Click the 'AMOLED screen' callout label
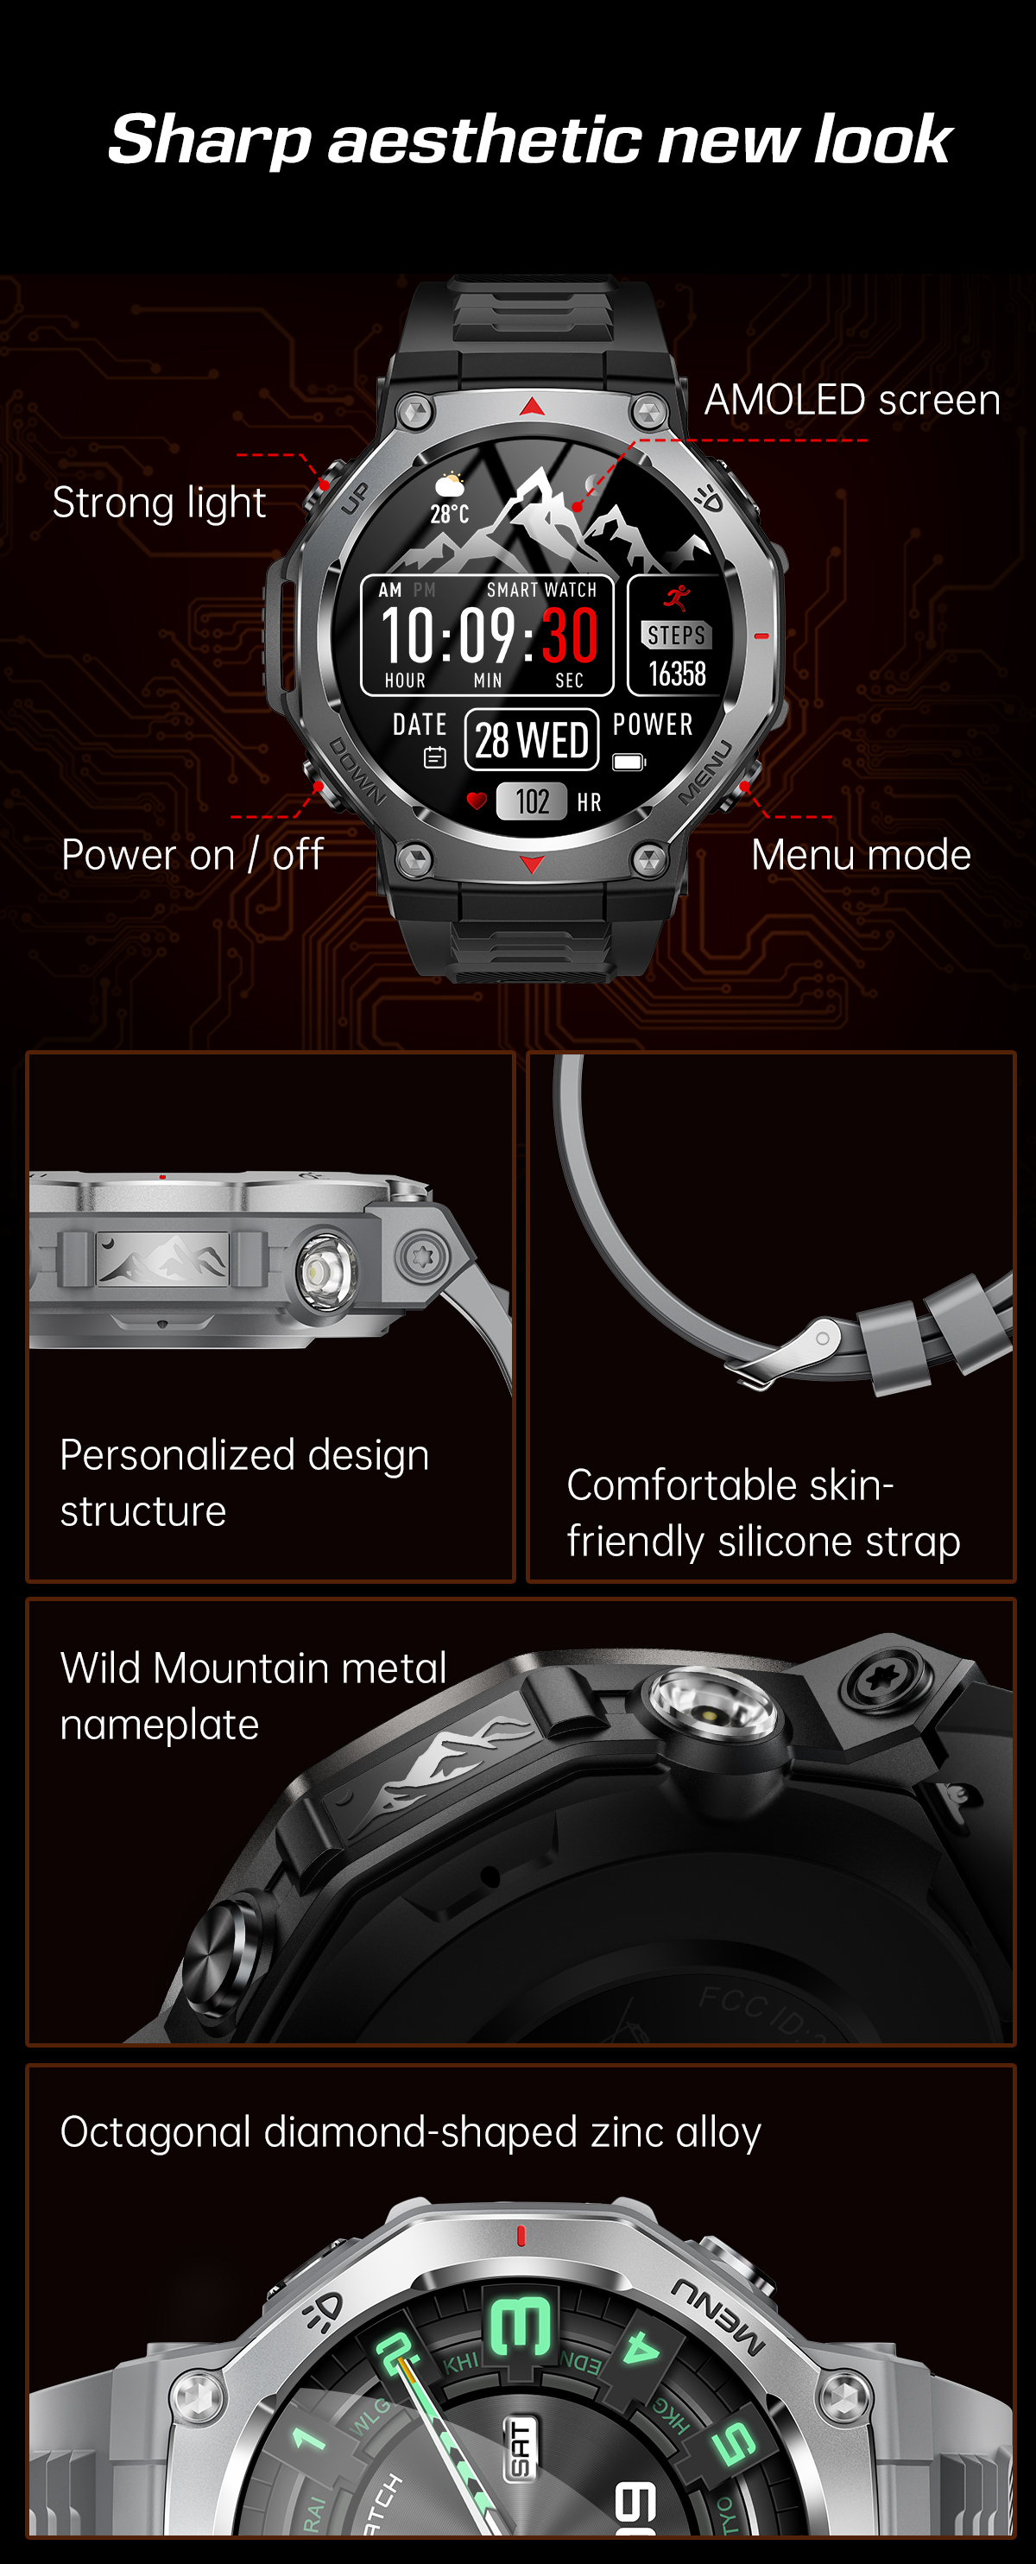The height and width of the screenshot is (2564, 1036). tap(852, 400)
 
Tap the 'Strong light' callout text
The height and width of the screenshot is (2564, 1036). tap(159, 503)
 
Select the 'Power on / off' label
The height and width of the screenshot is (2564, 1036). tap(192, 855)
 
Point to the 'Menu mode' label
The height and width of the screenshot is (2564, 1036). tap(861, 855)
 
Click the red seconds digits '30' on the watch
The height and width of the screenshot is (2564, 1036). tap(569, 635)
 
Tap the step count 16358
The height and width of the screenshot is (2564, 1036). tap(677, 674)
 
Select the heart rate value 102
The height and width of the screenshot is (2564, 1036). tap(532, 801)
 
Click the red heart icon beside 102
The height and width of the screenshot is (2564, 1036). tap(477, 801)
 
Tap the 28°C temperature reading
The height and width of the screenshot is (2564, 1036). tap(449, 514)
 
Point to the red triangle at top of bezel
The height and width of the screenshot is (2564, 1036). tap(533, 406)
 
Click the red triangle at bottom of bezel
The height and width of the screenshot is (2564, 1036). tap(533, 864)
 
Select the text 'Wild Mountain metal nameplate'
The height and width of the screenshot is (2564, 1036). tap(253, 1695)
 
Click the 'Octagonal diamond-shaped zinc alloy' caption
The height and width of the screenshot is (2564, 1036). tap(410, 2132)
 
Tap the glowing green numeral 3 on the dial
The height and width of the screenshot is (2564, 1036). tap(520, 2327)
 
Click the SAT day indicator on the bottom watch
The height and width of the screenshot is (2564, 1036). tap(521, 2448)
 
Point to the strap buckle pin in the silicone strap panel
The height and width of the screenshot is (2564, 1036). tap(822, 1339)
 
